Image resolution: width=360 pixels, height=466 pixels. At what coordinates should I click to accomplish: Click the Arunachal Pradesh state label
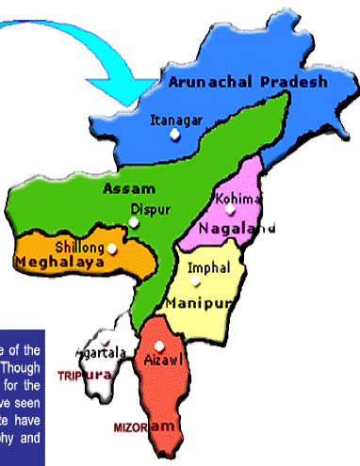point(249,82)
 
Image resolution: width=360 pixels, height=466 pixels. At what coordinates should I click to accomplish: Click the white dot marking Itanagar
point(174,136)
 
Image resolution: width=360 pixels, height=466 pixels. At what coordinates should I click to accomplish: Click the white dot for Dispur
point(134,222)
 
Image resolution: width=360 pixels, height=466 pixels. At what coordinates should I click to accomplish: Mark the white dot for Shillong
point(112,249)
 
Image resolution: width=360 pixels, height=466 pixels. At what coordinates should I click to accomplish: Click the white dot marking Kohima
point(229,213)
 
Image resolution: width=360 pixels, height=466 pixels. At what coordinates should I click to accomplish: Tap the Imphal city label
point(208,268)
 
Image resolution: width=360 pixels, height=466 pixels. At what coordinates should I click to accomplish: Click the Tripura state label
point(83,375)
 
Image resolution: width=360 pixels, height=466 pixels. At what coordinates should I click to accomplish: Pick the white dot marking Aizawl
point(158,345)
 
